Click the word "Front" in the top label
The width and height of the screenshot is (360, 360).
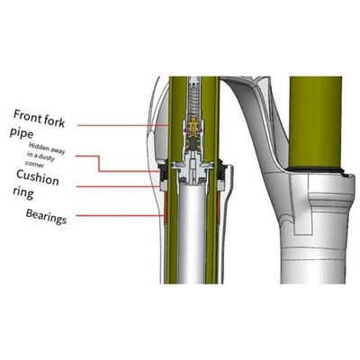(x=28, y=115)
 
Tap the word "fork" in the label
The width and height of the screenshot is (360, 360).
(x=55, y=121)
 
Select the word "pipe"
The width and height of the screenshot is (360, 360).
(x=21, y=132)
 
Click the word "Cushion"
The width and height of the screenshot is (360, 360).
(x=37, y=177)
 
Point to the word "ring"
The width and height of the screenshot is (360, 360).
(x=23, y=193)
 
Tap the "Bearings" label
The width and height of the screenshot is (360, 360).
(x=46, y=217)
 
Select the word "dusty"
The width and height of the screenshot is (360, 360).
(x=47, y=157)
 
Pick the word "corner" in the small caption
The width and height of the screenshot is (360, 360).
(x=35, y=164)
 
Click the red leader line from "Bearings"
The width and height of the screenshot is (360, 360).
(x=120, y=215)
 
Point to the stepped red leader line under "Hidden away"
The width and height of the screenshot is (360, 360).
(x=99, y=164)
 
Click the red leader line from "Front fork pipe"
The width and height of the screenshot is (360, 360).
(x=123, y=125)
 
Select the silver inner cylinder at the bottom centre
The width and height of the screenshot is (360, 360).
(x=193, y=234)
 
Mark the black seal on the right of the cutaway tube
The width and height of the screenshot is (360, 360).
(x=221, y=172)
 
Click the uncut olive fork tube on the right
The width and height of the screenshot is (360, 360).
(x=316, y=121)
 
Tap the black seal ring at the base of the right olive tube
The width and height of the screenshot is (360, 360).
(x=316, y=169)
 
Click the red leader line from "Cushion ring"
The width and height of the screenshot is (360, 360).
(x=119, y=186)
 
